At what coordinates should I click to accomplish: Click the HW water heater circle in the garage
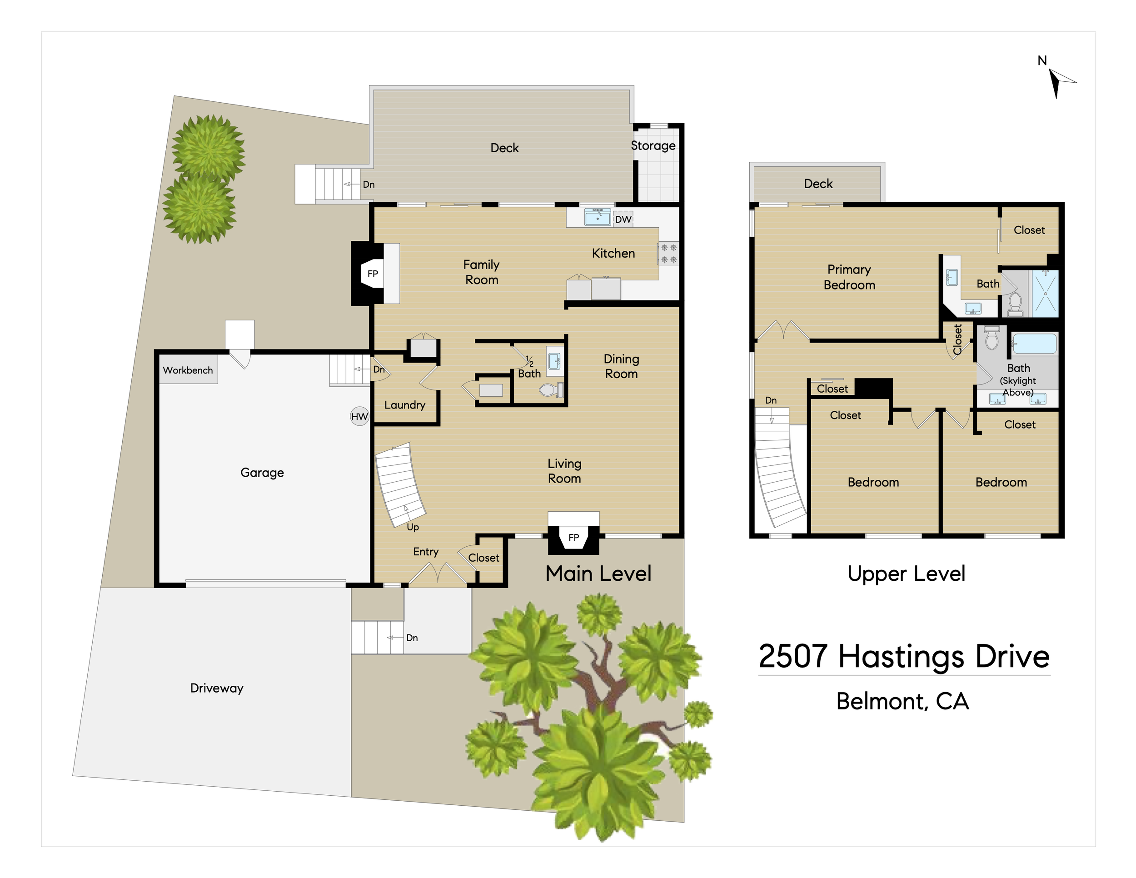(x=359, y=416)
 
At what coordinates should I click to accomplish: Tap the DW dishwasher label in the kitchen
(x=623, y=219)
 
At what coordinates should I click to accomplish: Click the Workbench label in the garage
(x=188, y=370)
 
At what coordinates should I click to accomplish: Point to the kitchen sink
(x=598, y=217)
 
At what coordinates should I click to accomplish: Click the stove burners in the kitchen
(x=669, y=254)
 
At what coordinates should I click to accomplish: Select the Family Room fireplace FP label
(x=373, y=274)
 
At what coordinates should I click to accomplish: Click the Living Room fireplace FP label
(x=574, y=537)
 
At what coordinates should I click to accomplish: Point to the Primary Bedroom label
(x=849, y=277)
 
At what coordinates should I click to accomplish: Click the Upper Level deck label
(x=818, y=184)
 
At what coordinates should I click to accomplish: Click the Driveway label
(x=217, y=688)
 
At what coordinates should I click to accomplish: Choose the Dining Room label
(x=622, y=366)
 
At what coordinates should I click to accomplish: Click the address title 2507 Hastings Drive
(x=904, y=656)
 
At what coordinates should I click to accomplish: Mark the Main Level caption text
(x=598, y=574)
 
